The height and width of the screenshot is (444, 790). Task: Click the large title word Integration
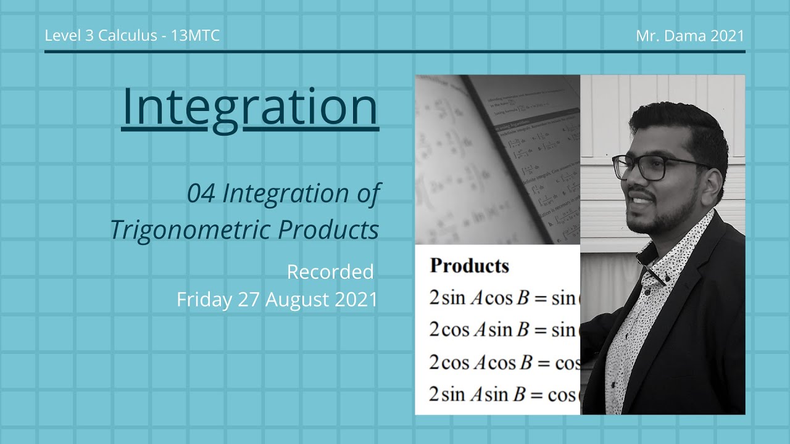tap(250, 107)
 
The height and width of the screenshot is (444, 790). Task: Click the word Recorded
tap(330, 271)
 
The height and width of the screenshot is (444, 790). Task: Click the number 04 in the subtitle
tap(201, 194)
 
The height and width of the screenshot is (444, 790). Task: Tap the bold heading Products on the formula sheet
tap(469, 266)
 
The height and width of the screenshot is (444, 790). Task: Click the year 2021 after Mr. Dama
tap(727, 36)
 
